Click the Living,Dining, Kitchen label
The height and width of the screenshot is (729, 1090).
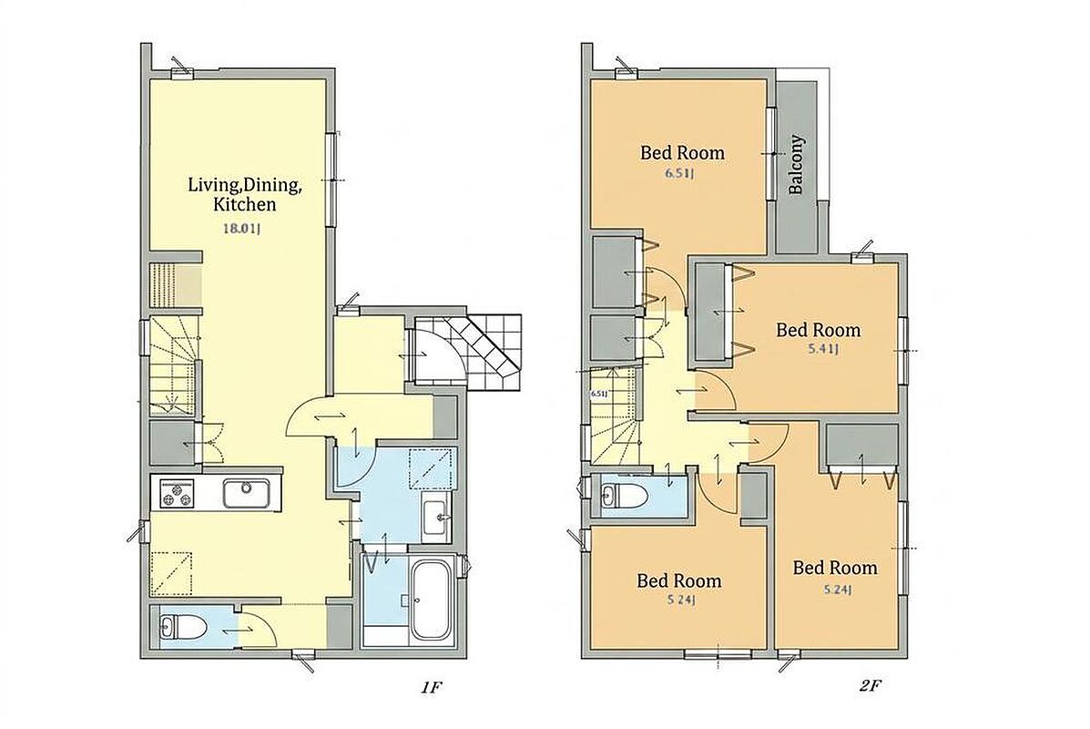[x=245, y=195]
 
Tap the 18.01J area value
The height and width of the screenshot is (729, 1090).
[x=240, y=228]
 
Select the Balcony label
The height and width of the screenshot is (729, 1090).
[x=797, y=164]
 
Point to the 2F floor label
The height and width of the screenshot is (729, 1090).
[x=870, y=686]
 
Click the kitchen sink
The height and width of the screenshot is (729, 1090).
[x=247, y=493]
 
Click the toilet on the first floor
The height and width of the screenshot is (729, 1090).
[x=183, y=628]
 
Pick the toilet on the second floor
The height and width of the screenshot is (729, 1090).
[x=625, y=496]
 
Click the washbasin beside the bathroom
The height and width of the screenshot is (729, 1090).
[x=436, y=517]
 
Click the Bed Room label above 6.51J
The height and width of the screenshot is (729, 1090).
[x=682, y=152]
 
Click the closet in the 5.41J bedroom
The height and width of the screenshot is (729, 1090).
[x=711, y=313]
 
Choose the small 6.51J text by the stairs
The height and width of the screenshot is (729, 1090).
[x=598, y=394]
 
